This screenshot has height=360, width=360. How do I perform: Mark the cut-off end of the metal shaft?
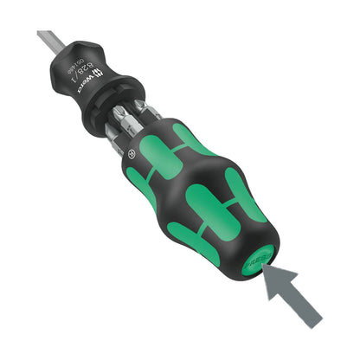[41, 35]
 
